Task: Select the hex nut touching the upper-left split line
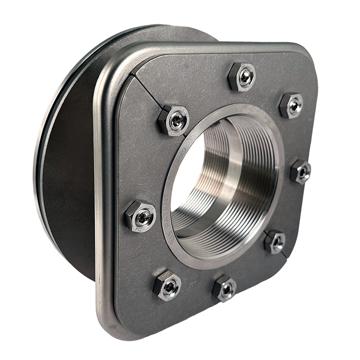[173, 120]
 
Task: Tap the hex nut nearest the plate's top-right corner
[291, 105]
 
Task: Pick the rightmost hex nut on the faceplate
[300, 171]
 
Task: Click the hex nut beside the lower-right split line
[275, 241]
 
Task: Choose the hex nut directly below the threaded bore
[224, 288]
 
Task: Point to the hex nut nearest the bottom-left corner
[167, 285]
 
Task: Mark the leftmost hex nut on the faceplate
[140, 216]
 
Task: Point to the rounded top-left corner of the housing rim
[107, 67]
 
